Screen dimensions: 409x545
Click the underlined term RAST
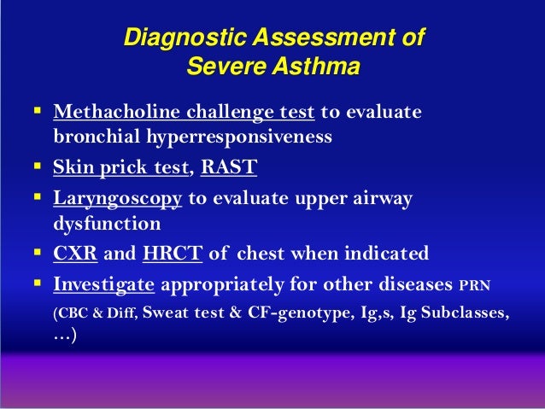[x=228, y=168]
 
